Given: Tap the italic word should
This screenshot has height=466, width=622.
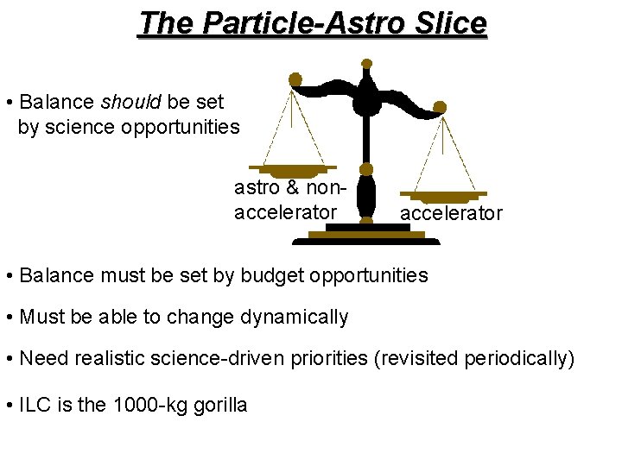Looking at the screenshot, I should [131, 102].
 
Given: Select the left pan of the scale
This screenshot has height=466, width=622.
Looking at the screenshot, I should [292, 168].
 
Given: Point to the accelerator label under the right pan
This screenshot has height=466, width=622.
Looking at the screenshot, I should [450, 213].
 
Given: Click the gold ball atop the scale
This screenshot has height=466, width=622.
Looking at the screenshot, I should [366, 64].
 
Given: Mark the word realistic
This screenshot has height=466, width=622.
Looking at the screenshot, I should [106, 359].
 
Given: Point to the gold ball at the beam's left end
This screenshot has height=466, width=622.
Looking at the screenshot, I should [295, 79].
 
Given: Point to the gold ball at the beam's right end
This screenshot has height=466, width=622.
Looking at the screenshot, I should [440, 108].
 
